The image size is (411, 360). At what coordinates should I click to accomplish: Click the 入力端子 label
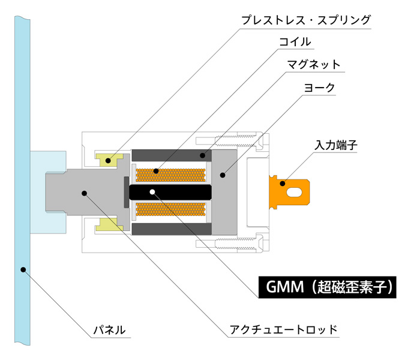[337, 146]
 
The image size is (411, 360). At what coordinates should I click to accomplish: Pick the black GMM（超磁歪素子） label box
[327, 287]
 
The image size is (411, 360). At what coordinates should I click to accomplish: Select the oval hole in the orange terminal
[297, 192]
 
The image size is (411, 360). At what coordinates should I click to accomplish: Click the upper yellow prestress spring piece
[110, 160]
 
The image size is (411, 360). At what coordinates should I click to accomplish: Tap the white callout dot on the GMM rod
[153, 192]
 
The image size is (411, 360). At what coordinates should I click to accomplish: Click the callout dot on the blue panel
[22, 269]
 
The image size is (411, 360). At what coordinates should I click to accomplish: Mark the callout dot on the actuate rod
[84, 192]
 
